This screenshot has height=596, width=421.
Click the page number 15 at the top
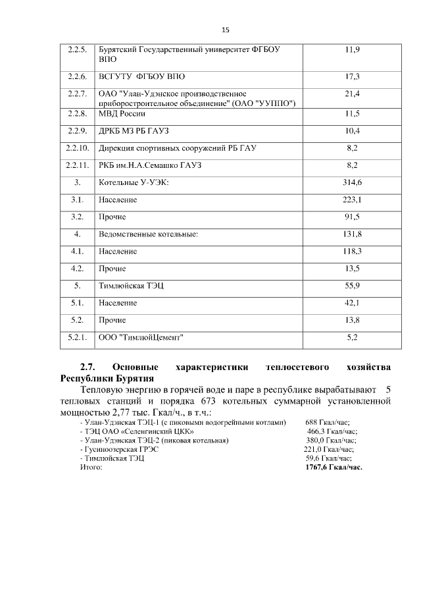coord(225,30)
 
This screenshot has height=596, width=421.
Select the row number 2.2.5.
coord(78,49)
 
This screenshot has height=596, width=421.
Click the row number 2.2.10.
coord(78,148)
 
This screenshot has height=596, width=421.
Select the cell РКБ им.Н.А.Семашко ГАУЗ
coord(150,165)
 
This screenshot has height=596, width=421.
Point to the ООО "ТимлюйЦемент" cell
coord(141,337)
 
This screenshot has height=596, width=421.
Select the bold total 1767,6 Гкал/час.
coord(334,466)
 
